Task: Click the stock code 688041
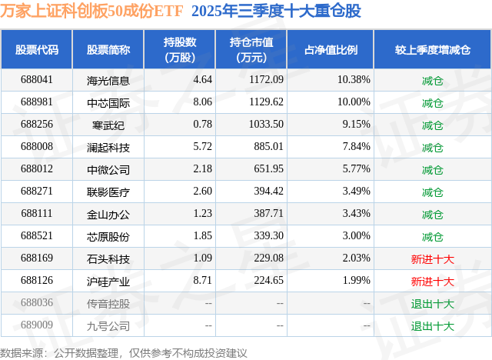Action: pos(37,80)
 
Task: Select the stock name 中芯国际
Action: pos(108,102)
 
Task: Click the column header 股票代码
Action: pos(37,50)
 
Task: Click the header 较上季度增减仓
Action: pos(433,50)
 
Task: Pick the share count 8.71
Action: pos(202,281)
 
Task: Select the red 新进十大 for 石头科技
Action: pos(433,258)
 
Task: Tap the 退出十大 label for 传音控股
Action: pos(433,303)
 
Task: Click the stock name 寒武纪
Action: pos(108,125)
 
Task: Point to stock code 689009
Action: pos(37,325)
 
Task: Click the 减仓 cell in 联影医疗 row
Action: pos(433,192)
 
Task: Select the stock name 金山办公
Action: pos(108,214)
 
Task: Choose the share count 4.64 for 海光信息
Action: pos(202,80)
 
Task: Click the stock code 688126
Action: pos(37,281)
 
